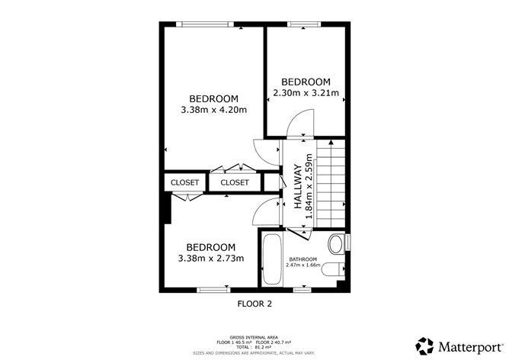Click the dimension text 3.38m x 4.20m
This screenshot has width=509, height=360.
point(213,110)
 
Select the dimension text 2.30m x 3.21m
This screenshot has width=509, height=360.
point(306,95)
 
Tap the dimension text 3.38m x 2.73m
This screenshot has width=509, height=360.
point(211,259)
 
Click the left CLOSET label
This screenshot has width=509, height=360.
point(184,183)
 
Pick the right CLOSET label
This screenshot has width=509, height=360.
point(235,183)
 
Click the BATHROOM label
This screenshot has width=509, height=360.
point(303,259)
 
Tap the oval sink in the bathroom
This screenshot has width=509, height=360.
point(335,244)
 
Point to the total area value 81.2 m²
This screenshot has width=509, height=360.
point(264,347)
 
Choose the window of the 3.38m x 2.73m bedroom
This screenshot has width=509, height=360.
point(213,290)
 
